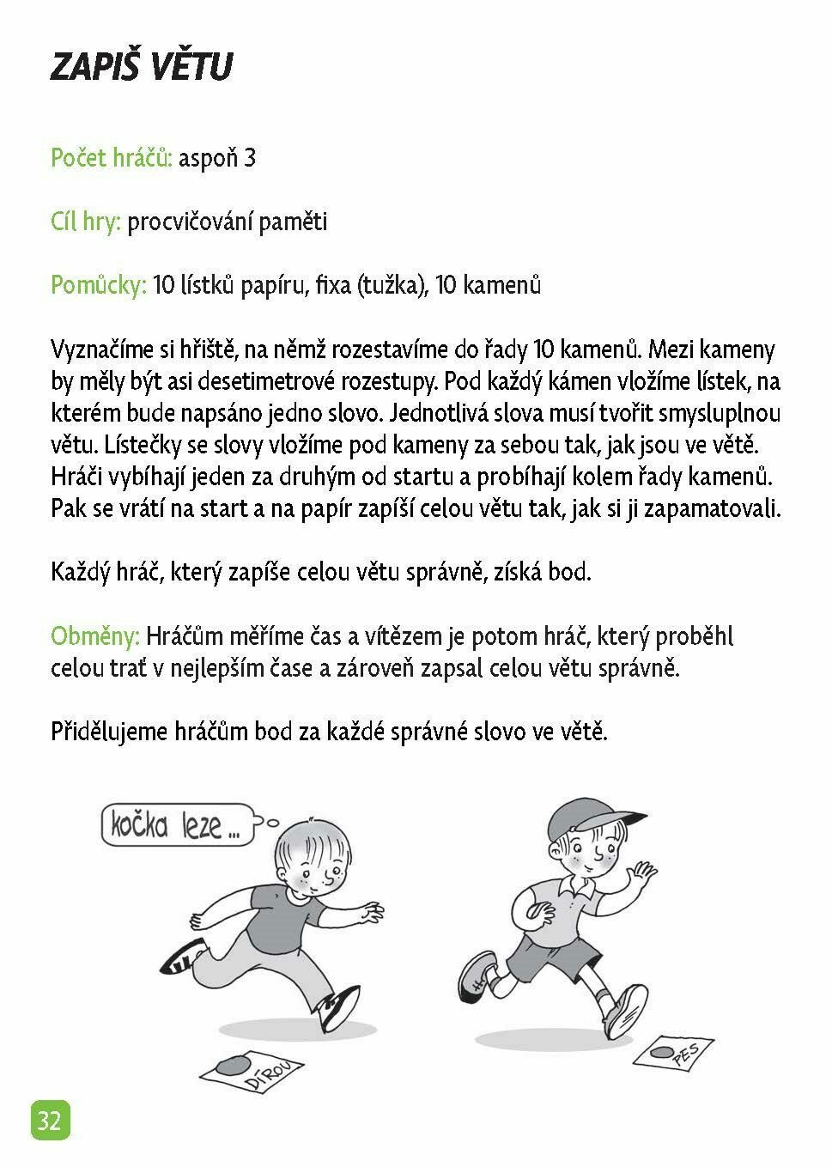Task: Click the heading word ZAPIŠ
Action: pyautogui.click(x=90, y=66)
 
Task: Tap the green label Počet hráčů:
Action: pyautogui.click(x=112, y=159)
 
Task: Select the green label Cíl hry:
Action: pyautogui.click(x=86, y=222)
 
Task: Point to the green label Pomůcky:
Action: pyautogui.click(x=99, y=286)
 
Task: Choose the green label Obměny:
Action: pyautogui.click(x=95, y=637)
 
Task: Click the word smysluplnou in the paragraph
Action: pyautogui.click(x=720, y=413)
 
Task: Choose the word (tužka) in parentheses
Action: pyautogui.click(x=392, y=286)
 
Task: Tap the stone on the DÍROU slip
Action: pyautogui.click(x=229, y=1065)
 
